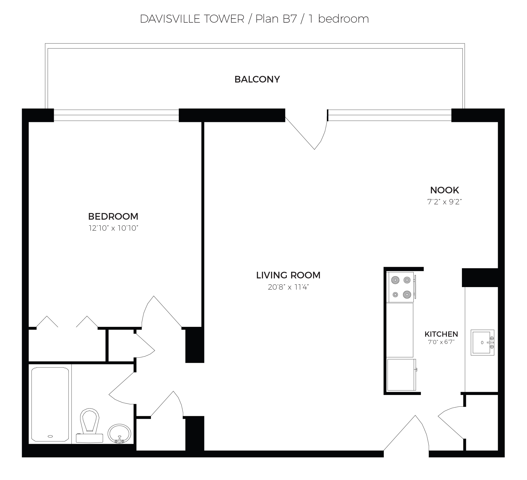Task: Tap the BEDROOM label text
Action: pos(113,216)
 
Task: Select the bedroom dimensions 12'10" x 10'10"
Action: pos(113,228)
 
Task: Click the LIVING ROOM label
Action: pos(288,275)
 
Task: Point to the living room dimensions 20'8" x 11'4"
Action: pos(288,287)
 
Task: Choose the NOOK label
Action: pos(444,190)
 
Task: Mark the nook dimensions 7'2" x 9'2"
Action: pos(444,202)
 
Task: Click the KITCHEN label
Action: pos(441,334)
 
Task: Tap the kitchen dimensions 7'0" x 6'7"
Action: pos(441,342)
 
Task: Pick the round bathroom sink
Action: pos(119,434)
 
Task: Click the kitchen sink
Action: pos(482,342)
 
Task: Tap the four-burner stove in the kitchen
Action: pos(401,287)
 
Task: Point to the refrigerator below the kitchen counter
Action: pos(401,375)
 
